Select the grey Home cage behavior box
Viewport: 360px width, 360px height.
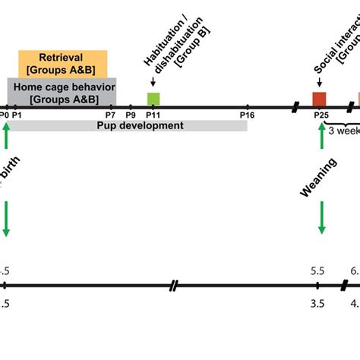pyautogui.click(x=62, y=90)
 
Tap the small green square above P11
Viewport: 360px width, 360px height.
pyautogui.click(x=153, y=99)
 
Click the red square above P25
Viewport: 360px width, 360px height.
pyautogui.click(x=320, y=99)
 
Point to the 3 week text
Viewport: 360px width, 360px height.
pyautogui.click(x=343, y=130)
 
